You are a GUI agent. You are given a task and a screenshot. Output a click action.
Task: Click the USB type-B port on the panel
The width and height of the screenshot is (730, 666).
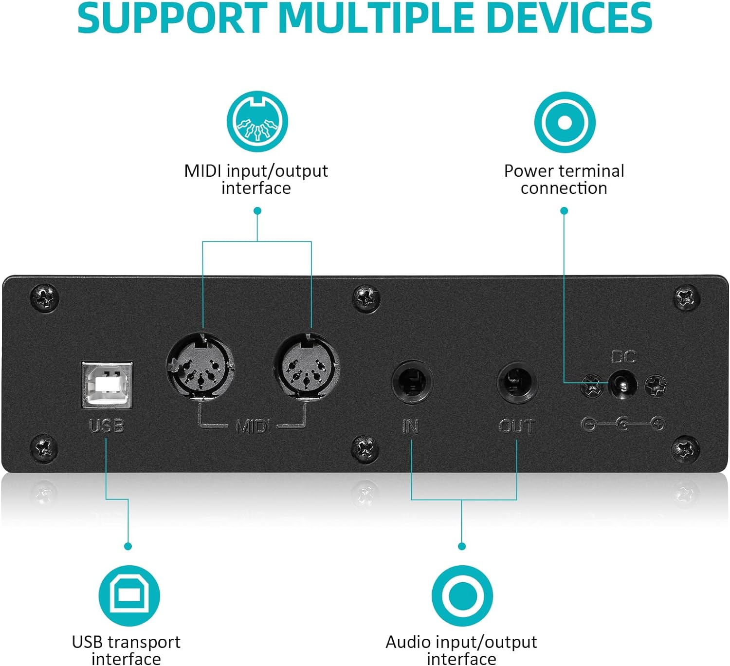[107, 385]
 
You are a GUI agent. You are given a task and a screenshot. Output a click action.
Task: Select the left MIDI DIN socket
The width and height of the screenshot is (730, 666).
[200, 366]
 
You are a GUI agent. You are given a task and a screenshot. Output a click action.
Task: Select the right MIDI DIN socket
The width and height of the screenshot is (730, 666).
[306, 366]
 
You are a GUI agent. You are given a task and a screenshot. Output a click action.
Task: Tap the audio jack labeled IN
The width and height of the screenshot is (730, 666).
[412, 382]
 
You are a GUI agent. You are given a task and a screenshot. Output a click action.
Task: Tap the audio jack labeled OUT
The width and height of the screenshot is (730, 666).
[517, 382]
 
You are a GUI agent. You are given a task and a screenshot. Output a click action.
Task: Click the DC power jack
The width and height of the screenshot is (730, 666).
[623, 385]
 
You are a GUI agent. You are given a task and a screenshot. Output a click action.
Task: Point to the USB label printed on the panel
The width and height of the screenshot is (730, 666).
[107, 426]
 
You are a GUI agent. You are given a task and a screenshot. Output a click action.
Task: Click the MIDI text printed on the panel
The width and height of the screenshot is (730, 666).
[253, 427]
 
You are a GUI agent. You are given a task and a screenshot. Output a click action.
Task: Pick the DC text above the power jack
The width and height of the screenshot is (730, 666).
[623, 357]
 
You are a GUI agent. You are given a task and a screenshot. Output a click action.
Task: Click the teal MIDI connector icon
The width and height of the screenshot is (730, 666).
[257, 122]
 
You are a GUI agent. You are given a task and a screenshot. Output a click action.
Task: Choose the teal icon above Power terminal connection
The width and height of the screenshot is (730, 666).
[565, 122]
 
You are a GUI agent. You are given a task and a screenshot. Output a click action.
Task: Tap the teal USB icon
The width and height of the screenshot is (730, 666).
[129, 595]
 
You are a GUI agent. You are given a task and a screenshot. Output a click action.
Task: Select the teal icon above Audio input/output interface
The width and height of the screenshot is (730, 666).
[462, 595]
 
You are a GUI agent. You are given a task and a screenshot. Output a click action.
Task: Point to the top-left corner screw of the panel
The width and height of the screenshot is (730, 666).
[44, 297]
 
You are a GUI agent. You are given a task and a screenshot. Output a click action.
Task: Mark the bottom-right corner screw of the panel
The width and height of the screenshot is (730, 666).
[685, 449]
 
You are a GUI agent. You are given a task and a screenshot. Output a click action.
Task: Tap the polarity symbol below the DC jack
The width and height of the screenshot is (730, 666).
[623, 425]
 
